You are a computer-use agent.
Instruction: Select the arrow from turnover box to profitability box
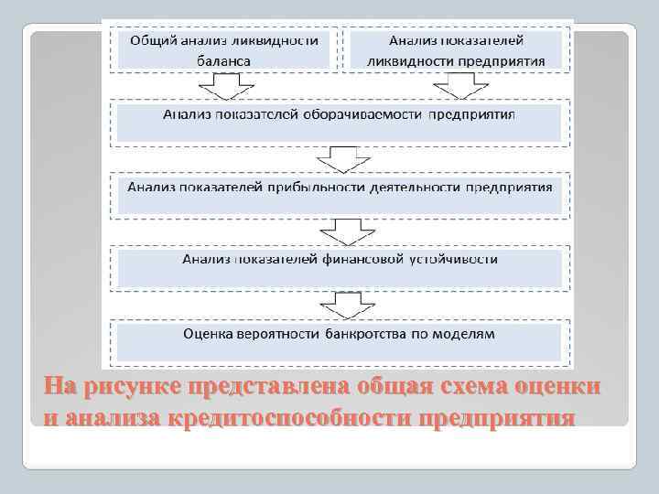click(340, 161)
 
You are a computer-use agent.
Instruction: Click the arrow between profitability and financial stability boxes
click(340, 229)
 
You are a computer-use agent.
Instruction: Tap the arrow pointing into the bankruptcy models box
click(340, 302)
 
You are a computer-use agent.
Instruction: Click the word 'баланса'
click(223, 60)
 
